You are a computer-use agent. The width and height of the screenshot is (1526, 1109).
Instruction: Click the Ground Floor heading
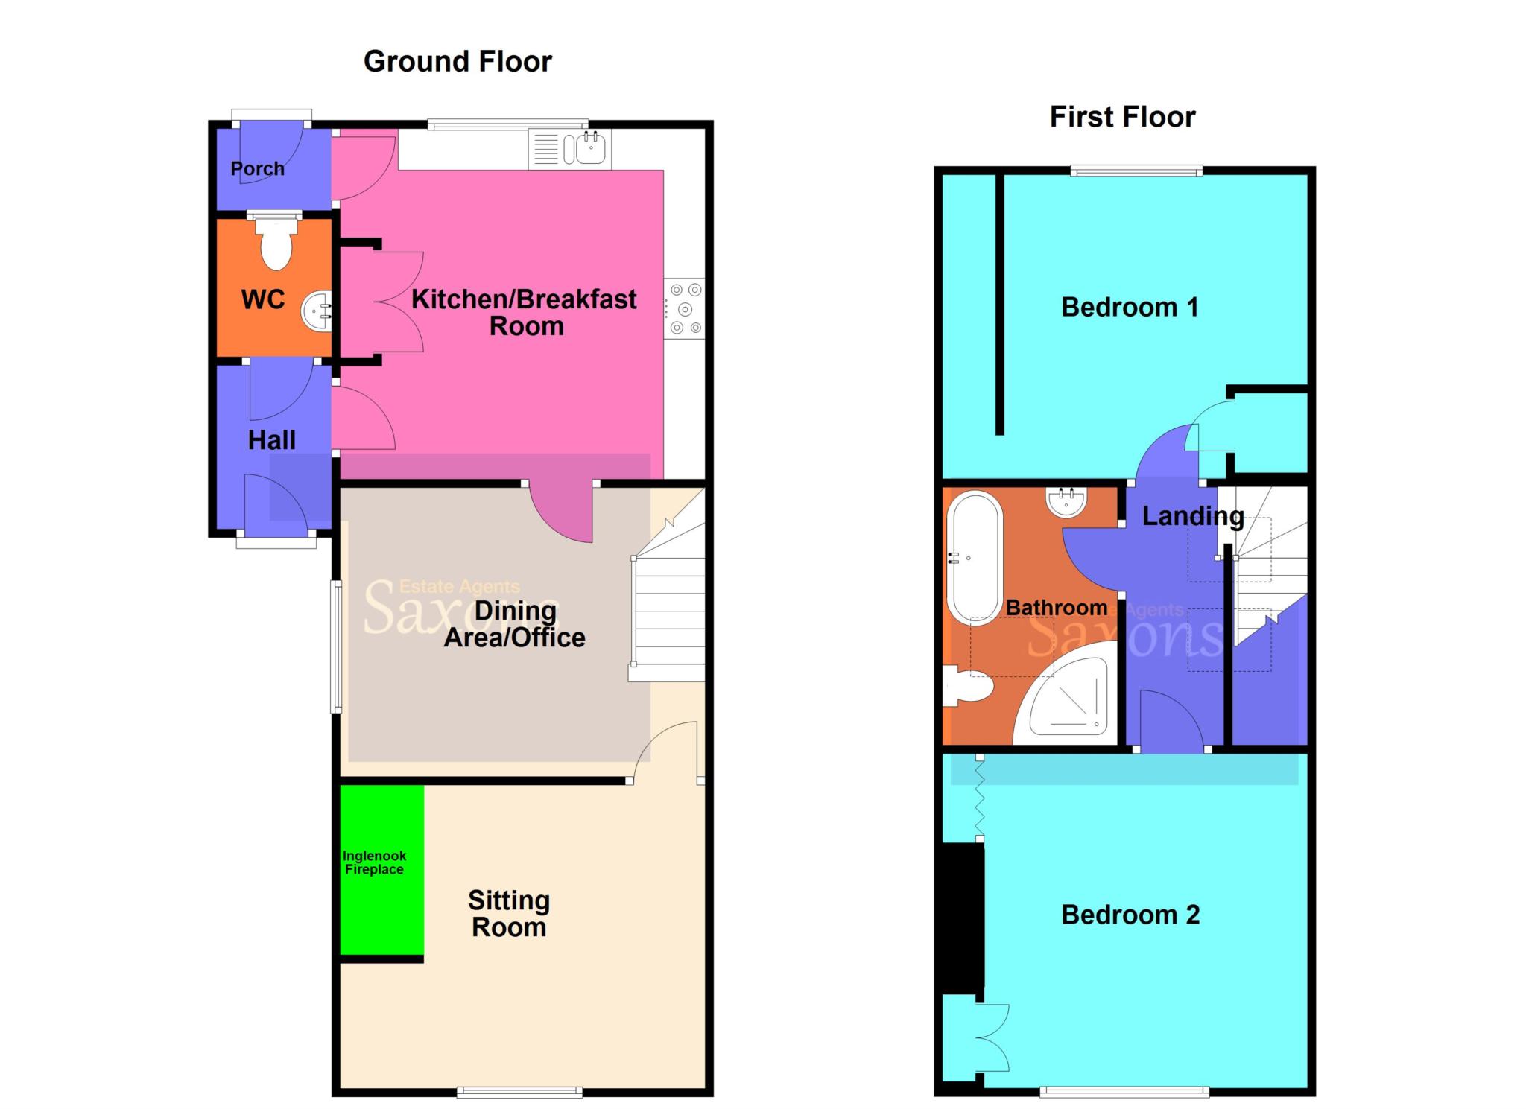click(x=458, y=61)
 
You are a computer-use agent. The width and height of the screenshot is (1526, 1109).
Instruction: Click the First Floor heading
click(x=1122, y=117)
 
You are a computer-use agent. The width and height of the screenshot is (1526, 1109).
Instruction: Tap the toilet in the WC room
click(x=276, y=245)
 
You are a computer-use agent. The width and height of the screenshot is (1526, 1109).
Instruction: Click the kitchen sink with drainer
click(x=570, y=149)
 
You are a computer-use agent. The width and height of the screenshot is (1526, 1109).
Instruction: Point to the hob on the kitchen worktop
click(x=685, y=308)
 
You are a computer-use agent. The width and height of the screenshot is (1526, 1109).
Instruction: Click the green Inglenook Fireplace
click(x=381, y=868)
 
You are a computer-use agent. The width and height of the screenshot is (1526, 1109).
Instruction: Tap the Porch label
click(x=257, y=169)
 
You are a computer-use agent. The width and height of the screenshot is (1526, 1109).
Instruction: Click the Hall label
click(x=271, y=440)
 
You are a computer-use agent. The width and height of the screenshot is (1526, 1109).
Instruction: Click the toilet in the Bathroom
click(x=967, y=686)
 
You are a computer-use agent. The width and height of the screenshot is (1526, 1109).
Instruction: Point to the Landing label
click(x=1192, y=516)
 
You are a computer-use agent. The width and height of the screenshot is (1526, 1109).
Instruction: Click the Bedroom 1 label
click(x=1129, y=307)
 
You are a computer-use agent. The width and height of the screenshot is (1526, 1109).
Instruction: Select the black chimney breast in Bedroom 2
click(x=962, y=918)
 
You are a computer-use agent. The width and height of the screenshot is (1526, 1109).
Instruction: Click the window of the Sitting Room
click(x=519, y=1092)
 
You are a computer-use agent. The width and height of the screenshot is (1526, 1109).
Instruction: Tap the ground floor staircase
click(x=668, y=611)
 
